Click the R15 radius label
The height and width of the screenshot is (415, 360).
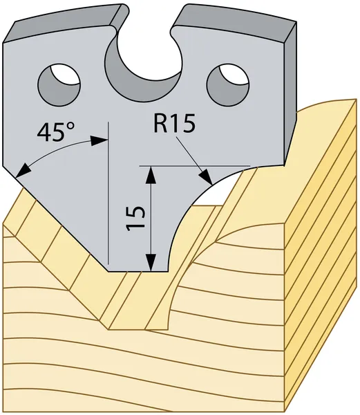(174, 123)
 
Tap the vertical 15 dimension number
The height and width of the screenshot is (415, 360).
(135, 219)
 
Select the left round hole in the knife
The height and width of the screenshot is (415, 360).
(59, 84)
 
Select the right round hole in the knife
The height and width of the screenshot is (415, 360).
(228, 86)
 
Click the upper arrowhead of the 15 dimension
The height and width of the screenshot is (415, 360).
(151, 174)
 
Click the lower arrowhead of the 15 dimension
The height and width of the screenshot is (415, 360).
(151, 263)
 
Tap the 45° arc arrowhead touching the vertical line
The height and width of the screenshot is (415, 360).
(99, 140)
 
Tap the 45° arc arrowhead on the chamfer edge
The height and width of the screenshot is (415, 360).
(22, 170)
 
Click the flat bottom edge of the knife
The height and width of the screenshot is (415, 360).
(138, 272)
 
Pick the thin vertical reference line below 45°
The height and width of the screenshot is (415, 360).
(108, 193)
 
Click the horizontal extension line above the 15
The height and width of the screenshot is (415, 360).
(195, 166)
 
